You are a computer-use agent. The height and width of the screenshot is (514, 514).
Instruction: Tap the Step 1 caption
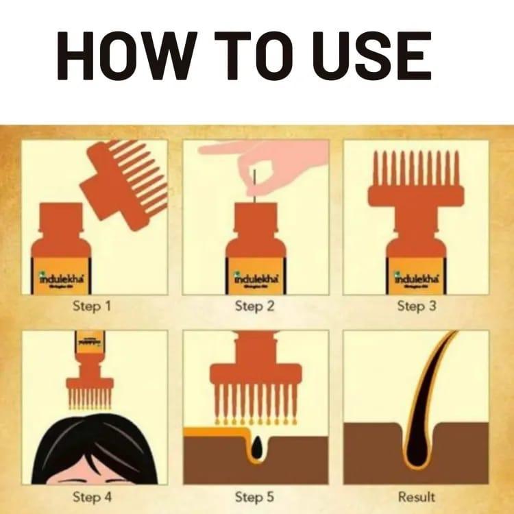click(x=91, y=306)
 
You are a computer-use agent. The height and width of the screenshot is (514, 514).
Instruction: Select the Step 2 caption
click(x=254, y=306)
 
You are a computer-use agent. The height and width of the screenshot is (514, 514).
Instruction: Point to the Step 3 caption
click(x=416, y=306)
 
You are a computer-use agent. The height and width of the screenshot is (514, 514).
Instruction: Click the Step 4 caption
click(x=91, y=495)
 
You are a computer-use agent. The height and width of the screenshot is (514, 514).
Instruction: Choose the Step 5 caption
click(x=254, y=495)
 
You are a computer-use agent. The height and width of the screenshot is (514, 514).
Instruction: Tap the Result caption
click(x=416, y=495)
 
